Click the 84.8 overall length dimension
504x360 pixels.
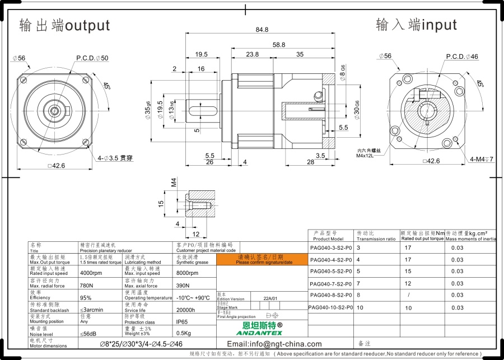point(262,30)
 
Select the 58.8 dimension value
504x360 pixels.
point(279,45)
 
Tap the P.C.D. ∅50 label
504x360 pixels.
point(92,58)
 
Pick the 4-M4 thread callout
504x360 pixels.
point(482,159)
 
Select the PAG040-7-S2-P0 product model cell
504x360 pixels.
point(330,284)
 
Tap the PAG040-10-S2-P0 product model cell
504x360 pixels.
point(330,307)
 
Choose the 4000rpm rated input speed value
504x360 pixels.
point(91,273)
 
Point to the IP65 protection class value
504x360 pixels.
point(183,322)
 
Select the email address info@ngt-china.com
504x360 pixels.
point(274,344)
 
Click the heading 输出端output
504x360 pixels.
point(64,26)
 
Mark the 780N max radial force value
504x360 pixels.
point(87,286)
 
